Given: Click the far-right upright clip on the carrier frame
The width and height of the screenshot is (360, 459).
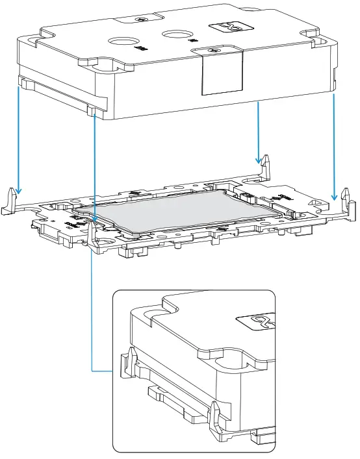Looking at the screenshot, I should [x=346, y=200].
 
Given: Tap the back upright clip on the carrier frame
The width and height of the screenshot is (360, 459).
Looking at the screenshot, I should [x=266, y=166].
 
